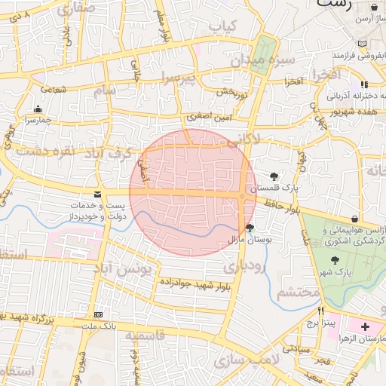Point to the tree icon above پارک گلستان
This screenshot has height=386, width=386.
tap(273, 176)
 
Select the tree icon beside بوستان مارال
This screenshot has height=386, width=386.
tap(250, 227)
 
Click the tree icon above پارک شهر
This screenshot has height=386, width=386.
tap(335, 259)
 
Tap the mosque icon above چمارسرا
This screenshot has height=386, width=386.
tap(38, 109)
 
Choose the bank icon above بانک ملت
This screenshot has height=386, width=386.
tap(97, 314)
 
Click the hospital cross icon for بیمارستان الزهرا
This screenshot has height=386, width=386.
tap(366, 327)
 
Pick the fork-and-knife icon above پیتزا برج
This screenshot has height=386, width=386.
tap(320, 311)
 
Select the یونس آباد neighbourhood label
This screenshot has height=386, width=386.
tap(122, 267)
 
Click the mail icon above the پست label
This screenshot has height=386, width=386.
tap(97, 195)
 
